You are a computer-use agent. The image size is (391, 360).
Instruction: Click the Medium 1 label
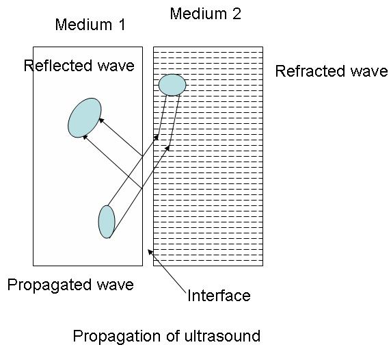point(90,25)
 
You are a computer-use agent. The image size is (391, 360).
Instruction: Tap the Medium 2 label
point(205,14)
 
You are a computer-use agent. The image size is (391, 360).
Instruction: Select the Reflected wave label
point(79,66)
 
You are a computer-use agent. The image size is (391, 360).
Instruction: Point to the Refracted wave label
point(332,71)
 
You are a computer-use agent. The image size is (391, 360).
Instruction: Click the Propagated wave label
point(70,284)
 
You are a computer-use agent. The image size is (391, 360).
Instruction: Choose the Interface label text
point(219,296)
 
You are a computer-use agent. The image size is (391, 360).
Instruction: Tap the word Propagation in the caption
point(113,336)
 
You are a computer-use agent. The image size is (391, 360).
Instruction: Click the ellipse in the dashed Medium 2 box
point(172,85)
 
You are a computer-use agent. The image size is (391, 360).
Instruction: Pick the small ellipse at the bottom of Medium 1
point(107,221)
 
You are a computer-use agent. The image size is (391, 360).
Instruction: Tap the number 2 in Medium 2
point(237,14)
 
